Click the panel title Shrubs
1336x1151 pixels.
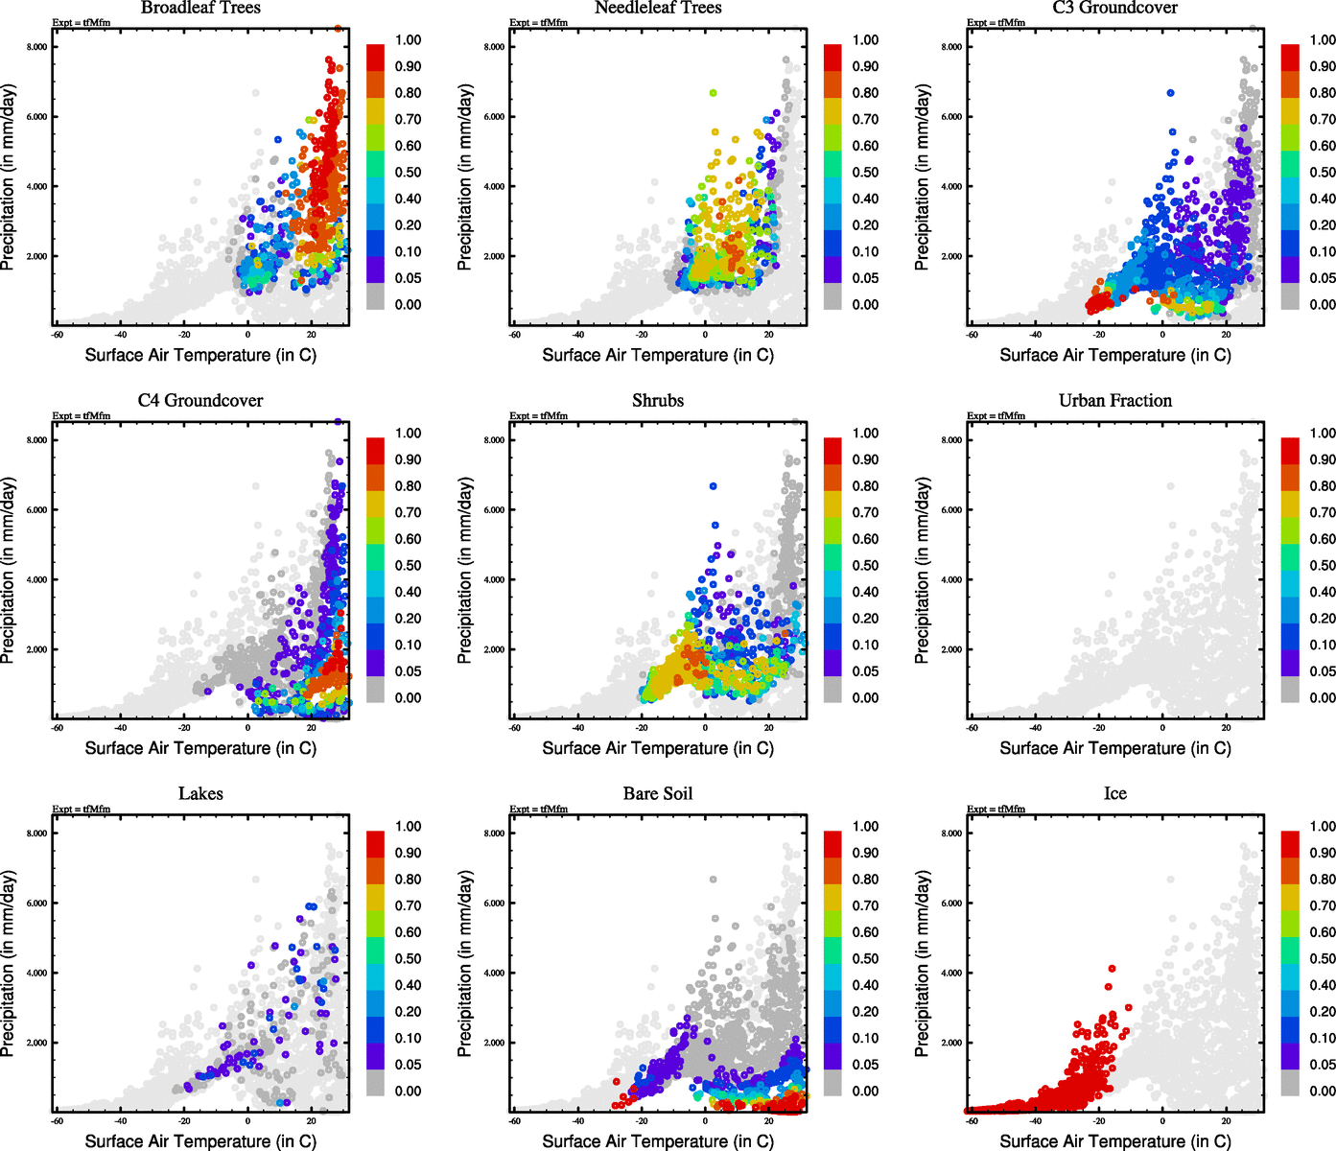tap(658, 401)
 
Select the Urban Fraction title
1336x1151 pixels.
tap(1114, 401)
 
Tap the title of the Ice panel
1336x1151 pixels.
tap(1114, 794)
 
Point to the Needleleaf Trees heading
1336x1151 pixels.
tap(658, 9)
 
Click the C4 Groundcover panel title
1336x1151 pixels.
tap(200, 401)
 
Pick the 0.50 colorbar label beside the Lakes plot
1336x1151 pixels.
tap(408, 958)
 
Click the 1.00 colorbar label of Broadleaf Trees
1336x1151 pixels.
tap(408, 40)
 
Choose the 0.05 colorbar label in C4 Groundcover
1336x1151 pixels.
tap(408, 671)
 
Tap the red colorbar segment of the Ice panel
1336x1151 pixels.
tap(1290, 843)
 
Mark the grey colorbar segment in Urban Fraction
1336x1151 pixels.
tap(1290, 689)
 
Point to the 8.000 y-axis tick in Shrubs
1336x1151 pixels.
tap(493, 440)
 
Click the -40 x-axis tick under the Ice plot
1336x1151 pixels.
tap(1035, 1121)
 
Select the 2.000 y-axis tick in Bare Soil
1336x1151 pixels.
tap(493, 1043)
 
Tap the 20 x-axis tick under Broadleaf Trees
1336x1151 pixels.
tap(311, 335)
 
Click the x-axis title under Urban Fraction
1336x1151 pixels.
tap(1114, 748)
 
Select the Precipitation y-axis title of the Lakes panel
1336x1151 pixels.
tap(9, 963)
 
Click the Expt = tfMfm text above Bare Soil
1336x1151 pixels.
tap(538, 809)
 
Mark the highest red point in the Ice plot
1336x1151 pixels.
tap(1112, 969)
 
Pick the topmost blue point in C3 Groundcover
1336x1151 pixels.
tap(1170, 93)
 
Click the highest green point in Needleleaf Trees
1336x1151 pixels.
tap(713, 93)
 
